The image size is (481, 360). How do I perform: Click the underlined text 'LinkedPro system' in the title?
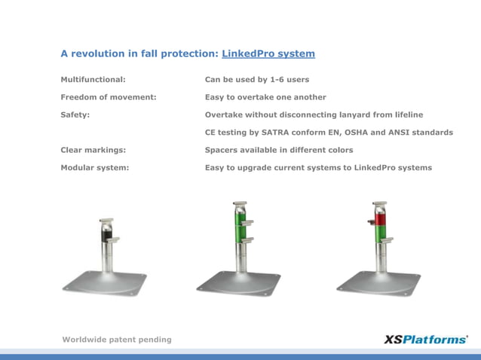pos(268,53)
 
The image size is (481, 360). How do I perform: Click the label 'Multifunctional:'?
pos(93,79)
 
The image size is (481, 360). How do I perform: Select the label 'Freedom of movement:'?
pos(109,97)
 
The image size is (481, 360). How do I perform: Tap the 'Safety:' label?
pos(75,114)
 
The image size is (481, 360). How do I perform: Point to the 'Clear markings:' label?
pos(93,150)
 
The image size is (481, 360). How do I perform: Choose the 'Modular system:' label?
pos(95,167)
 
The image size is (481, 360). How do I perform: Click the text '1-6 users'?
pos(290,79)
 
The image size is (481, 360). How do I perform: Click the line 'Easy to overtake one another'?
pos(265,97)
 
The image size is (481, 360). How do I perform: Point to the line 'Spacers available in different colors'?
pos(279,150)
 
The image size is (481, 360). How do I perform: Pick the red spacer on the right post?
pos(379,220)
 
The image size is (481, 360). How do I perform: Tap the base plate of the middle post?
pos(238,283)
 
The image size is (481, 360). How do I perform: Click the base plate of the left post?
pos(104,282)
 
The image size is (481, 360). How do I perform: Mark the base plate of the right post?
pos(378,283)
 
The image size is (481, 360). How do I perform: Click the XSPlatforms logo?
pos(425,339)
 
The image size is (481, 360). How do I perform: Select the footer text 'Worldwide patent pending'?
pos(117,340)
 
